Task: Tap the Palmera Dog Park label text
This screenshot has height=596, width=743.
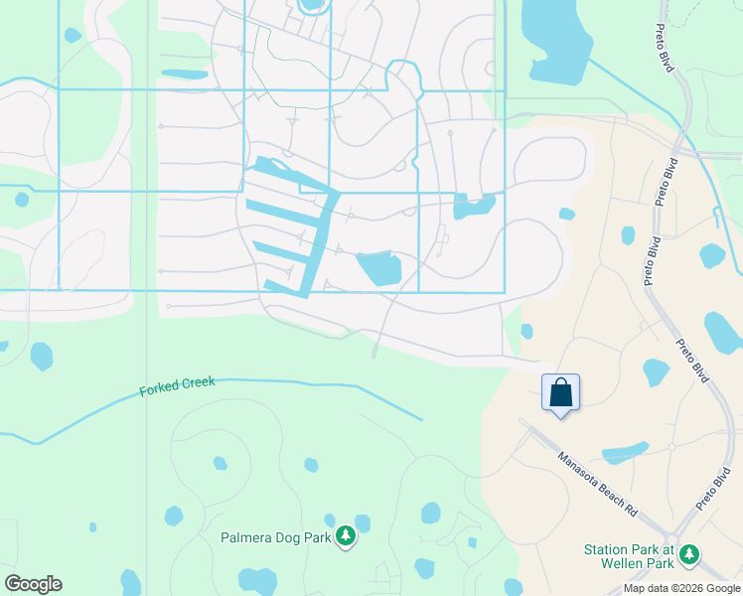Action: (274, 537)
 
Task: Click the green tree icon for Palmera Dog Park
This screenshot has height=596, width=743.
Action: (345, 537)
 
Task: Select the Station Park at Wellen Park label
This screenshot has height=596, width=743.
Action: (629, 556)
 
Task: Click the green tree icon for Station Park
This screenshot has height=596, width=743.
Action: (688, 554)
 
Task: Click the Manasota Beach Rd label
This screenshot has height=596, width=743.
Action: (597, 485)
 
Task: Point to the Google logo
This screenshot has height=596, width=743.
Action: (33, 583)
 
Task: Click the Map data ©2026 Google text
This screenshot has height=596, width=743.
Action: (681, 588)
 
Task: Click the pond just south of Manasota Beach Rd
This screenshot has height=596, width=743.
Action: (626, 453)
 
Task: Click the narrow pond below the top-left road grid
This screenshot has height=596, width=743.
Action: (185, 74)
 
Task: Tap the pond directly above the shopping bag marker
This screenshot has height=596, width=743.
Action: (525, 331)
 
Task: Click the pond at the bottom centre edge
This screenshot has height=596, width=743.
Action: (257, 581)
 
